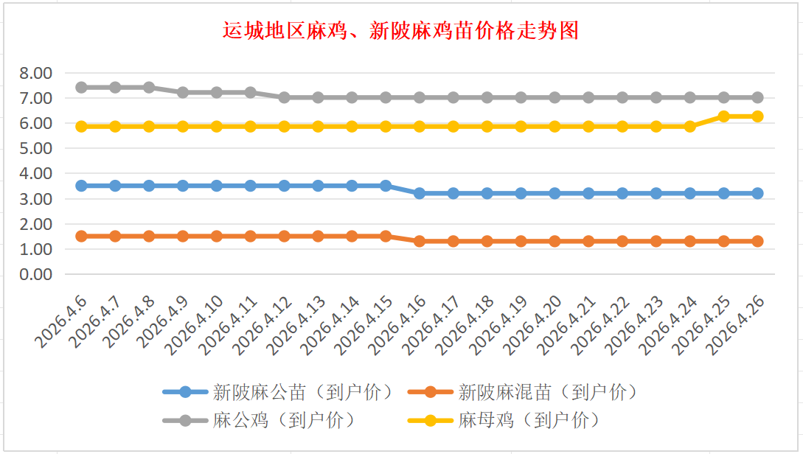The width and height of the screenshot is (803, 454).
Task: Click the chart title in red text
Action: click(x=401, y=32)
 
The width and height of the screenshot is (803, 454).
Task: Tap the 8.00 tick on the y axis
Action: click(x=36, y=73)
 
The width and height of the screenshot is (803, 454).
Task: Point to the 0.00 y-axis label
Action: click(x=36, y=274)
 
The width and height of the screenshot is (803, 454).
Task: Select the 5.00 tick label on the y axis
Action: click(x=36, y=148)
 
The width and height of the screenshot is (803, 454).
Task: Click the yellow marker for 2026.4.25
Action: click(x=723, y=116)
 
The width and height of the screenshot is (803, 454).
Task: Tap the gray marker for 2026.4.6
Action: click(x=81, y=87)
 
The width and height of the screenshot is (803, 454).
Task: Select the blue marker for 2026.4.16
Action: click(x=420, y=193)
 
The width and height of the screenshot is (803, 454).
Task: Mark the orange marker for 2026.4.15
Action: click(x=386, y=236)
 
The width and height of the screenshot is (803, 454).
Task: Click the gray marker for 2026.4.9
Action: click(x=183, y=92)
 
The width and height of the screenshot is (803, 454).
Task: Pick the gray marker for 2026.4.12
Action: click(x=284, y=97)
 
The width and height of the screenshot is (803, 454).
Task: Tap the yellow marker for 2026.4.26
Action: click(x=757, y=116)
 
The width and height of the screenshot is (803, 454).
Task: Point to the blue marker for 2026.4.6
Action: click(x=81, y=186)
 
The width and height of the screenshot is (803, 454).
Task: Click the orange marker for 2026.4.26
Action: click(x=757, y=241)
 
